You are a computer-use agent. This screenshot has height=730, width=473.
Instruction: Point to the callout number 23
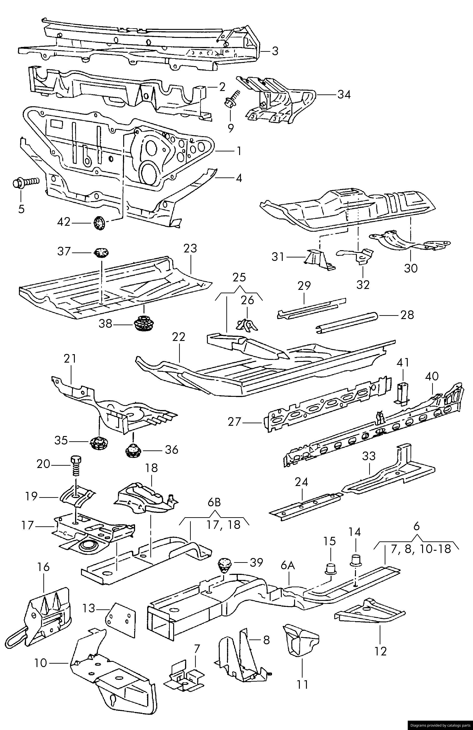190,248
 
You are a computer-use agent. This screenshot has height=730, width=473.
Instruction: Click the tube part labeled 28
347,322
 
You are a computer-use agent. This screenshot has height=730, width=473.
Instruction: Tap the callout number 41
402,363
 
